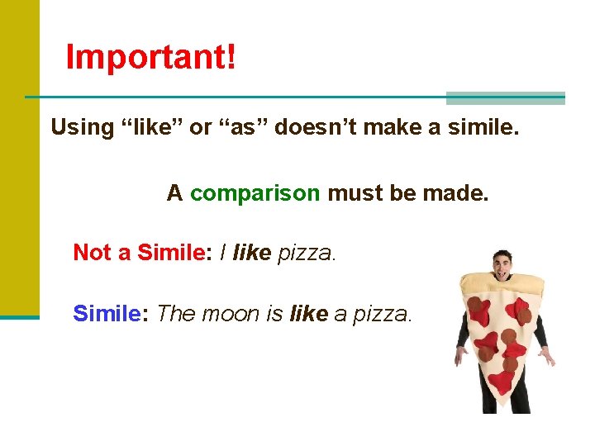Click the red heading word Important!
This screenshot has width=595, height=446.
point(150,57)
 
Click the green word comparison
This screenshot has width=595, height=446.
point(255,193)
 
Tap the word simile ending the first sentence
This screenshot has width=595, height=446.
point(482,127)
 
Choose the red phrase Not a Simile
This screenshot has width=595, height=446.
point(138,253)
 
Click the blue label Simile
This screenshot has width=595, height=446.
point(105,314)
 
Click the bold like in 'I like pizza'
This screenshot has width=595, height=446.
point(252,253)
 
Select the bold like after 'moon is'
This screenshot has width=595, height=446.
point(308,314)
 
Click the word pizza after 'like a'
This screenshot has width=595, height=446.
point(381,314)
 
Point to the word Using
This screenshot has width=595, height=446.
point(82,127)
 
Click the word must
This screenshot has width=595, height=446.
point(353,193)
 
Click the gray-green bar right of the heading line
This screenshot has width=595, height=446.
point(505,98)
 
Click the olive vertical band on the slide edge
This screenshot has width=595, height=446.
point(19,157)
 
